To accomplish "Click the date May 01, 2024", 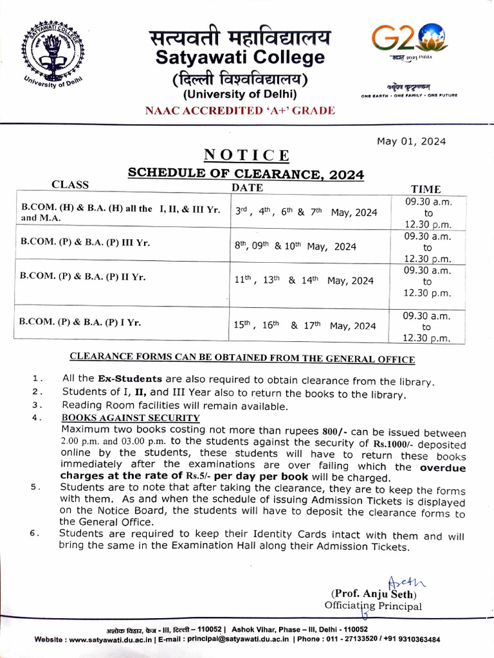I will click(411, 141).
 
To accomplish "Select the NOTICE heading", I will click(246, 156).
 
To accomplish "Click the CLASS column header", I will click(70, 185).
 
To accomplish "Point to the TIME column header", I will click(426, 189).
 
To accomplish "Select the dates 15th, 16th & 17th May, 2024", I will click(304, 325).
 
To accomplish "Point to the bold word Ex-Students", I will click(130, 381).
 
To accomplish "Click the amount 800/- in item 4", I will click(334, 430).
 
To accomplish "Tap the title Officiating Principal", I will click(373, 606).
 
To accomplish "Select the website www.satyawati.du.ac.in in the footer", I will click(110, 639).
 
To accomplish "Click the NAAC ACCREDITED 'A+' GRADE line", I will click(240, 111).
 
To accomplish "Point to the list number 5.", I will click(37, 487).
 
